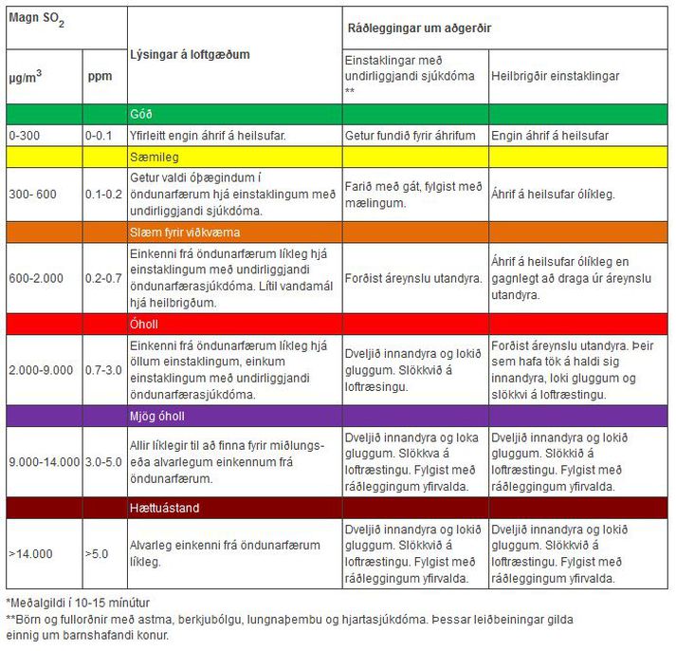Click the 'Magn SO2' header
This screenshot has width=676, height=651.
tap(31, 22)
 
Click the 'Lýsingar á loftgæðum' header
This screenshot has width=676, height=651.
tap(190, 54)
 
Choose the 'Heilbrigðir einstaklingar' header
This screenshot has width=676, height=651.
tap(555, 75)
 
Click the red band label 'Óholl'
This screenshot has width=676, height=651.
tap(144, 324)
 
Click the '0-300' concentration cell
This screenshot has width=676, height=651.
tap(26, 135)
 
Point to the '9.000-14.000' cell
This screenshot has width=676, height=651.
tap(44, 462)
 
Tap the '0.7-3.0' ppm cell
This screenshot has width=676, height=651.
tap(103, 368)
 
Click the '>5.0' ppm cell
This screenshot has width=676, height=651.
tap(98, 553)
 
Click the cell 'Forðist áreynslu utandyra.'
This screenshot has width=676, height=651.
tap(412, 278)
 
